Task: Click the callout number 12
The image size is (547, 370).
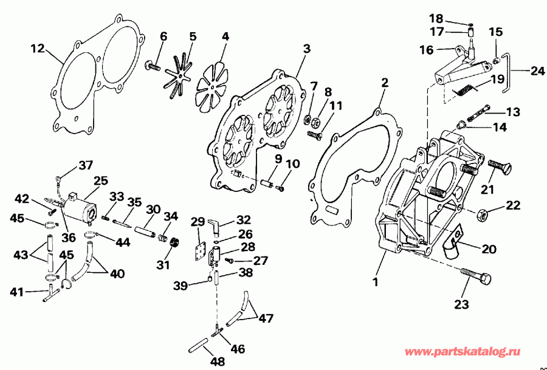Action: (38, 48)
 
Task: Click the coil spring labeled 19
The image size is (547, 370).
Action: (465, 89)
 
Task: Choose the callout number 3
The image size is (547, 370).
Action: (307, 48)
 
